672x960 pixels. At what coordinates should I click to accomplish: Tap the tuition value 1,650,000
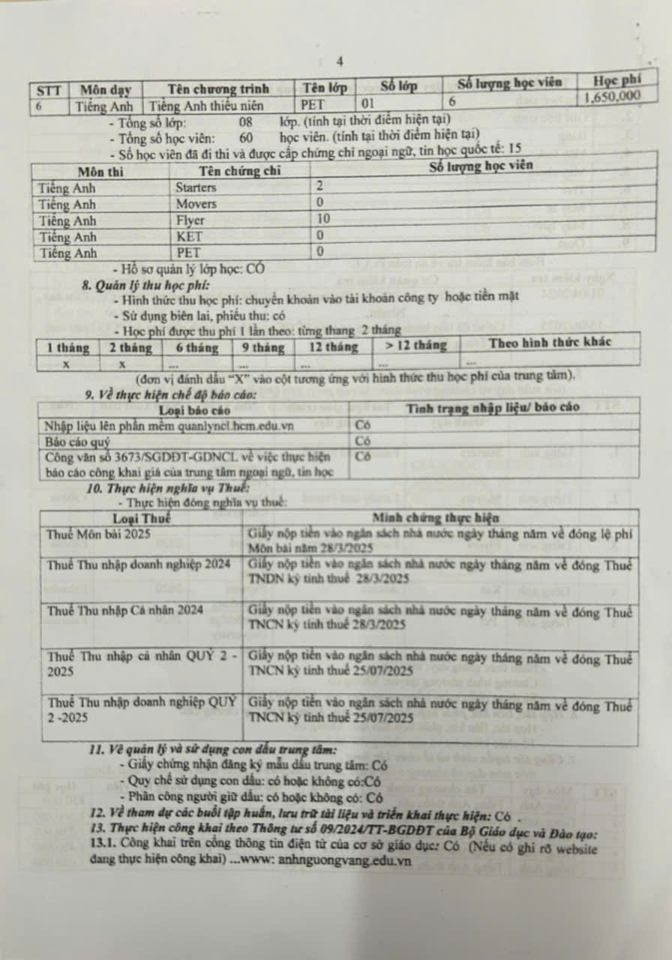click(x=611, y=95)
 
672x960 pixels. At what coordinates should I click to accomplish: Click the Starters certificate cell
click(x=196, y=187)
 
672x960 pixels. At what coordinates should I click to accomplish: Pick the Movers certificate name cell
click(x=196, y=204)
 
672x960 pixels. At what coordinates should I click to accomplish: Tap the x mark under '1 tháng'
click(x=67, y=363)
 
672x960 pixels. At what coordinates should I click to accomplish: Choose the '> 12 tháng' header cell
click(x=415, y=346)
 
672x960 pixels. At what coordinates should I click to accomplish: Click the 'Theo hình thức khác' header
click(x=549, y=343)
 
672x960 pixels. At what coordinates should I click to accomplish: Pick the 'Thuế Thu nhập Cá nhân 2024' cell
click(x=124, y=610)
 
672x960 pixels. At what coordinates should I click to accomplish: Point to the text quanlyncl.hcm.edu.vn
click(x=238, y=426)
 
